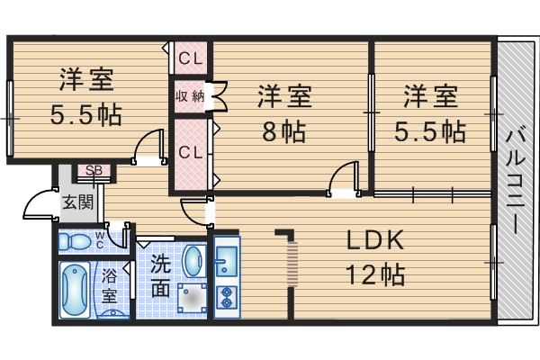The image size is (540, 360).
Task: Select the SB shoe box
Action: tap(94, 170)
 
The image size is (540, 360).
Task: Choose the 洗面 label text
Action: tap(160, 276)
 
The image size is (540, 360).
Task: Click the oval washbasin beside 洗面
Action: tap(193, 263)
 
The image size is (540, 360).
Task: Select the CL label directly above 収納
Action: tap(190, 59)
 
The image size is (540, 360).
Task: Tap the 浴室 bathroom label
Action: tap(109, 285)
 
